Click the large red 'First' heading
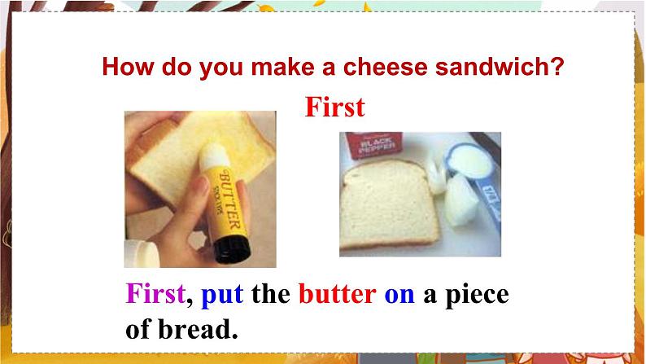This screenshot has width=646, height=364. [334, 107]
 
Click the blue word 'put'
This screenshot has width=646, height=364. [221, 293]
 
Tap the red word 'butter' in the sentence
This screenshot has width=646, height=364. [337, 293]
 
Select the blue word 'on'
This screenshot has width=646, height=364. [399, 293]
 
